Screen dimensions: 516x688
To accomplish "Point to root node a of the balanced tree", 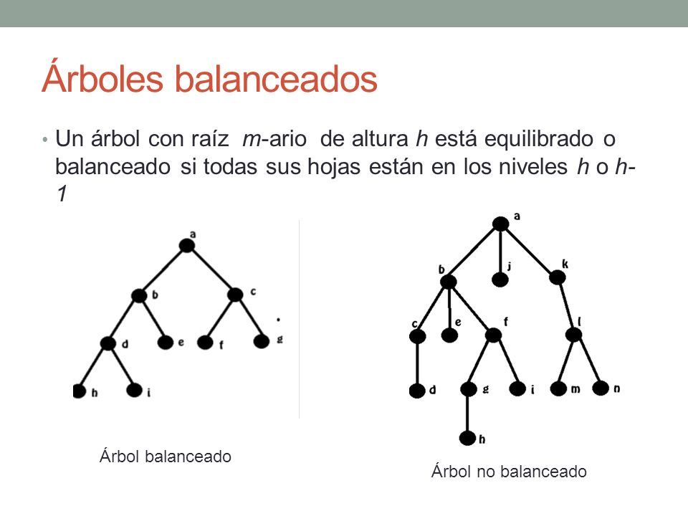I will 187,246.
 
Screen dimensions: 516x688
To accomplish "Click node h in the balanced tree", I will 78,391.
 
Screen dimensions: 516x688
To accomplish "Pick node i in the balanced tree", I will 134,390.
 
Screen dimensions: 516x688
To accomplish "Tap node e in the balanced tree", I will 166,343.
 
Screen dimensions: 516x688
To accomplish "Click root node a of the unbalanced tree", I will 500,224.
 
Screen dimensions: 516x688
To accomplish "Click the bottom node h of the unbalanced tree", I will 468,437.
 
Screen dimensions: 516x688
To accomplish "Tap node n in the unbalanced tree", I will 601,388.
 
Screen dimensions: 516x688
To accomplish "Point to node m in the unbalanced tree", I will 559,389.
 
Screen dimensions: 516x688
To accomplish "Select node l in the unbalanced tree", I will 573,335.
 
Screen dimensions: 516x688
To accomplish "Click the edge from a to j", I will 500,251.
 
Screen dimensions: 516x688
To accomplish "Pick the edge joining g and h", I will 468,414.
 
